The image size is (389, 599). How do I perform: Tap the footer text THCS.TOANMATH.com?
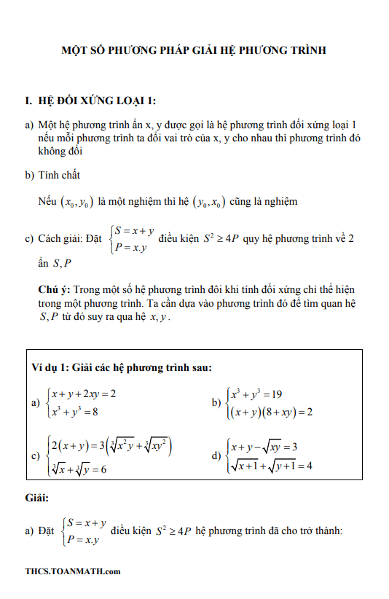[72, 571]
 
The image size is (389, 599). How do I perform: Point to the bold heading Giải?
[36, 498]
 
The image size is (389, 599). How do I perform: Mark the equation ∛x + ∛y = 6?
[78, 469]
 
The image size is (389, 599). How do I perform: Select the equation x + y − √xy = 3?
[264, 447]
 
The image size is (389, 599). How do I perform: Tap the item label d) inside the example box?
[216, 456]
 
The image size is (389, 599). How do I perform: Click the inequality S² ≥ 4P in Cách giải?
[219, 238]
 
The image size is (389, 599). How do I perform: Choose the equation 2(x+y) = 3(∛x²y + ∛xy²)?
[109, 445]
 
